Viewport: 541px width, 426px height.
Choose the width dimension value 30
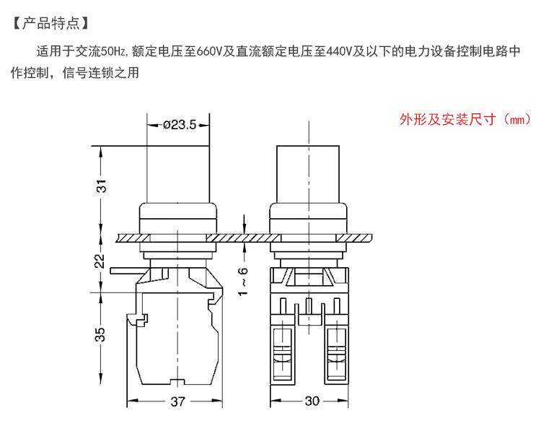tap(310, 401)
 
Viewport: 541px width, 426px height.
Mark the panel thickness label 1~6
tap(245, 281)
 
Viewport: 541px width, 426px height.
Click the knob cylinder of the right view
tap(308, 173)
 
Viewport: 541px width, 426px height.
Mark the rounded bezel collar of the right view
tap(309, 217)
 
